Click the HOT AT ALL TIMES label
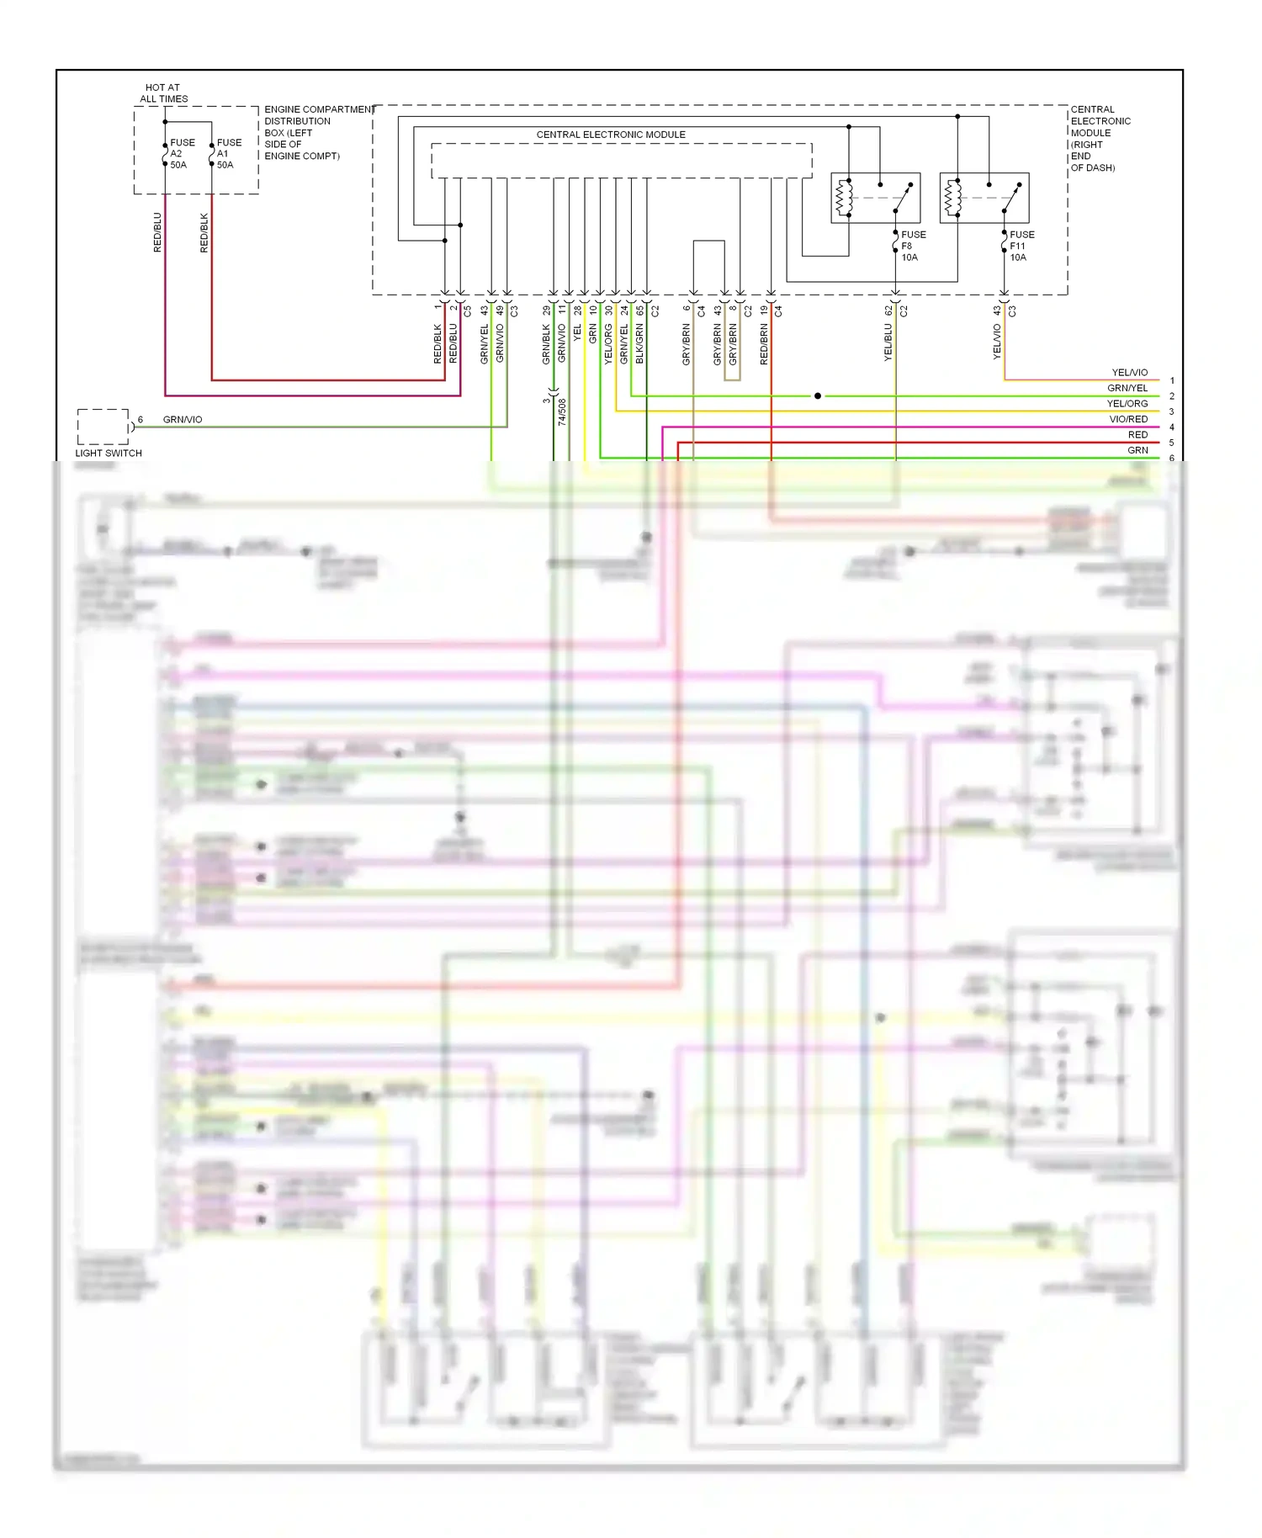point(163,93)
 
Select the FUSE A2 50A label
point(182,154)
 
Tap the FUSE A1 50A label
point(229,154)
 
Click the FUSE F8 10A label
point(913,246)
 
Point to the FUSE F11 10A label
point(1021,246)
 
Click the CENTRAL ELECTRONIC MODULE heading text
point(611,135)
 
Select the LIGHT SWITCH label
point(109,453)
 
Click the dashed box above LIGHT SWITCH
point(103,427)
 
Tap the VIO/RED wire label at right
point(1127,419)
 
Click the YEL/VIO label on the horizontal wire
point(1129,372)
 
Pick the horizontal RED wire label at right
point(1137,434)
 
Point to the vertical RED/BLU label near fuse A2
point(157,232)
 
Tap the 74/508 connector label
point(562,411)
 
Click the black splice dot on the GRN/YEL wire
point(818,395)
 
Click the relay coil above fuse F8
point(844,199)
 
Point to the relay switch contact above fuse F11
point(1012,199)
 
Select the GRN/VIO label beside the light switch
point(183,419)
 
